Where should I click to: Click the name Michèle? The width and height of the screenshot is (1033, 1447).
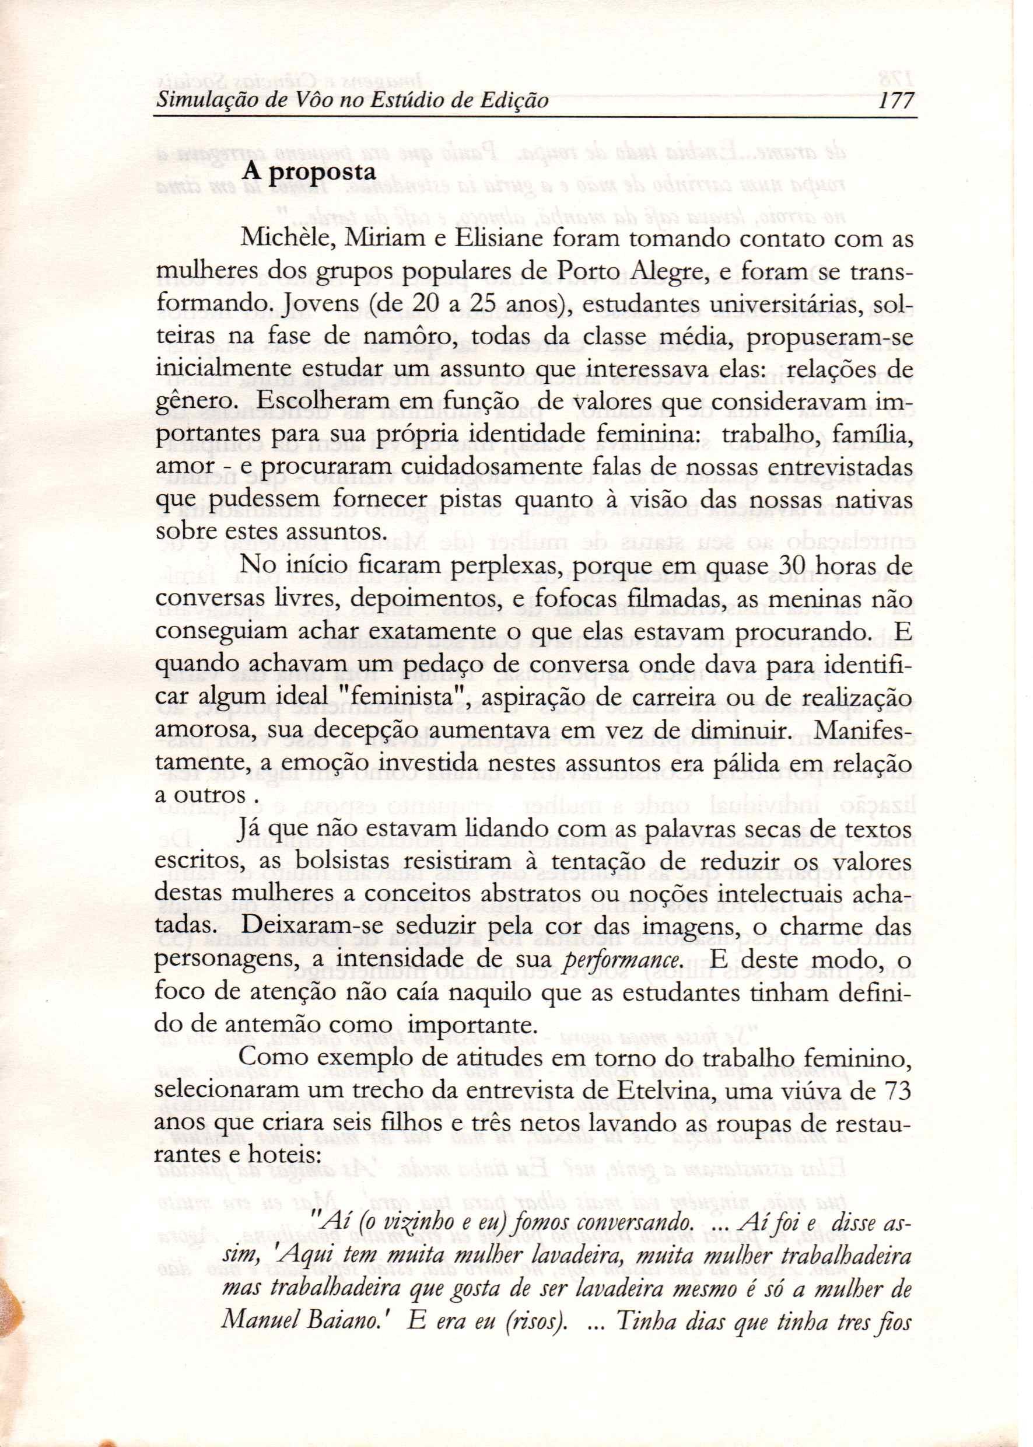point(281,240)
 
